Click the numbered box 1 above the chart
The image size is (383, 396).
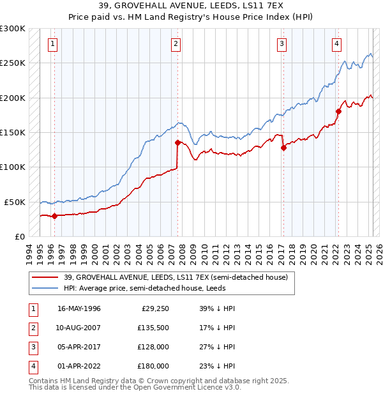click(x=52, y=44)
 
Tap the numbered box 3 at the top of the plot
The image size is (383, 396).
click(x=282, y=44)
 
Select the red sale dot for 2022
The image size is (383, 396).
click(x=339, y=111)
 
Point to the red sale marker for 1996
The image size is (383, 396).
click(x=54, y=216)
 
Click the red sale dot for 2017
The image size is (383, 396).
click(x=283, y=148)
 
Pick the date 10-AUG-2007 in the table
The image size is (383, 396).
click(x=79, y=328)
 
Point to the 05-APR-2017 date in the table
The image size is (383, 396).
click(x=79, y=347)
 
